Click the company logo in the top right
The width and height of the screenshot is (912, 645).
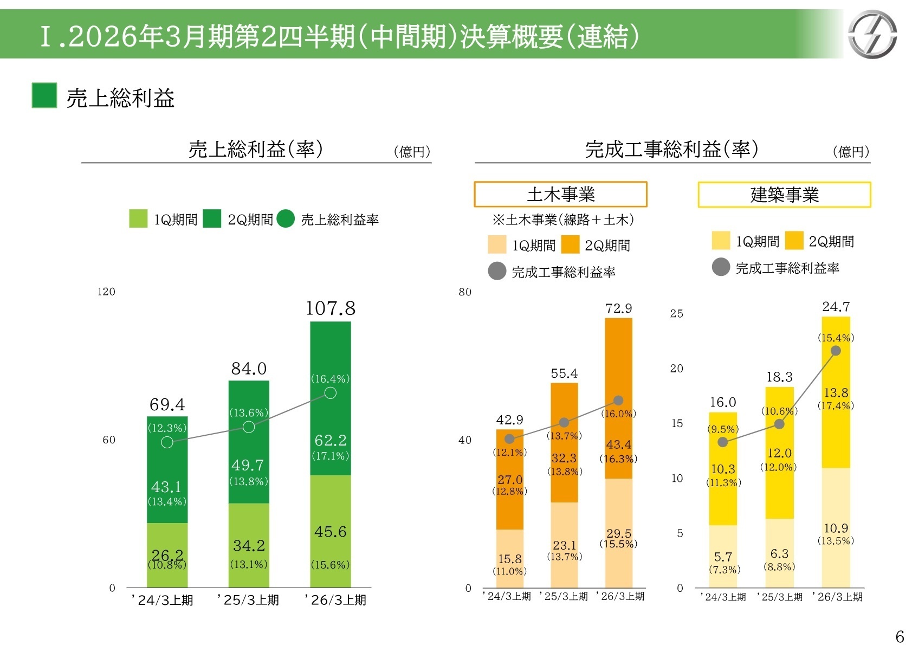point(872,35)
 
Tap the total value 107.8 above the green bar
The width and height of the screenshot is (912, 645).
point(331,308)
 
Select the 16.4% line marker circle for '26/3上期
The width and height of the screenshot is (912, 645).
point(331,393)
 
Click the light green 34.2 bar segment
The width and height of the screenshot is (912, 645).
point(249,545)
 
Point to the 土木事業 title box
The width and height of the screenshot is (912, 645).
point(560,194)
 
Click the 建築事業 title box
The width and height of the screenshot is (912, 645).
point(784,195)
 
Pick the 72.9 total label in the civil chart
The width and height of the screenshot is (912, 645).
point(618,308)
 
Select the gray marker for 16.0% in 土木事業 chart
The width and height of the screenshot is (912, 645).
point(618,401)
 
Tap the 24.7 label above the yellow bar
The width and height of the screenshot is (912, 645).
point(836,307)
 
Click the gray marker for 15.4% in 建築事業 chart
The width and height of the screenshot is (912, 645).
point(836,351)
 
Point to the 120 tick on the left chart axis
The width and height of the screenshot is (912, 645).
point(106,292)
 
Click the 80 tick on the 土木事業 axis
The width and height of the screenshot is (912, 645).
point(465,292)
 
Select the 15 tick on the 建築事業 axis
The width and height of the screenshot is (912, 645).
point(677,423)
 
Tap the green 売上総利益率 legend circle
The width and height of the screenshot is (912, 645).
point(286,219)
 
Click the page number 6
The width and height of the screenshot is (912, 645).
point(900,636)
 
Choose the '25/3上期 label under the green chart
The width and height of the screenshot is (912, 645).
point(249,600)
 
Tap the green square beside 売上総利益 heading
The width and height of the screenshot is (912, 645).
point(44,96)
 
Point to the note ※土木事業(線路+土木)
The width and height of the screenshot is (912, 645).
point(563,220)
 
